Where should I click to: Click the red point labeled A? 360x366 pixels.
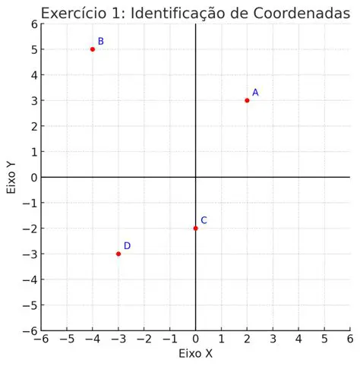pyautogui.click(x=247, y=100)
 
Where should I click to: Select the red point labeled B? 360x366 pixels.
pyautogui.click(x=93, y=49)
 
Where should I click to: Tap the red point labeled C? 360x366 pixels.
pyautogui.click(x=196, y=228)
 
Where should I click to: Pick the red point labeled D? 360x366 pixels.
pyautogui.click(x=118, y=254)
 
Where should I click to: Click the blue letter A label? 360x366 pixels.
pyautogui.click(x=255, y=93)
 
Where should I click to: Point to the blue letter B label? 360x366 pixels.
pyautogui.click(x=101, y=42)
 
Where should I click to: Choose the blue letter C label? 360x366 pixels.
pyautogui.click(x=204, y=220)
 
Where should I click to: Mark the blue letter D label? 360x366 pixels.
pyautogui.click(x=127, y=246)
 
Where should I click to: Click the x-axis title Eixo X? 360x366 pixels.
pyautogui.click(x=195, y=354)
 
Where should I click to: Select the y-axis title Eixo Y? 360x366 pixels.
pyautogui.click(x=11, y=177)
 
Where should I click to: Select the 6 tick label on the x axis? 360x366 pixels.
pyautogui.click(x=349, y=339)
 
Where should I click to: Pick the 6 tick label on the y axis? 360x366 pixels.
pyautogui.click(x=33, y=24)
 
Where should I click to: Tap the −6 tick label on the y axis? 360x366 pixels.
pyautogui.click(x=30, y=331)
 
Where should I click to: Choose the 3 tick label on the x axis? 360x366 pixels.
pyautogui.click(x=273, y=339)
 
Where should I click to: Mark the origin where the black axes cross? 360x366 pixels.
pyautogui.click(x=196, y=177)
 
